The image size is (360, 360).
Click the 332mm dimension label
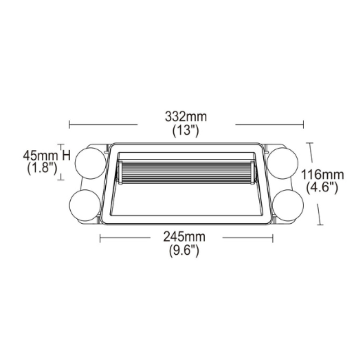[x=186, y=117]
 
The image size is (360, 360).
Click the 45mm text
[x=40, y=156]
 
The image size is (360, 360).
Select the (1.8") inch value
[x=42, y=169]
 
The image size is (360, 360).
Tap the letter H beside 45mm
[x=66, y=156]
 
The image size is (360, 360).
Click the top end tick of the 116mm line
[x=309, y=143]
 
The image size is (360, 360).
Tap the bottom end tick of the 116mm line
[x=320, y=224]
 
